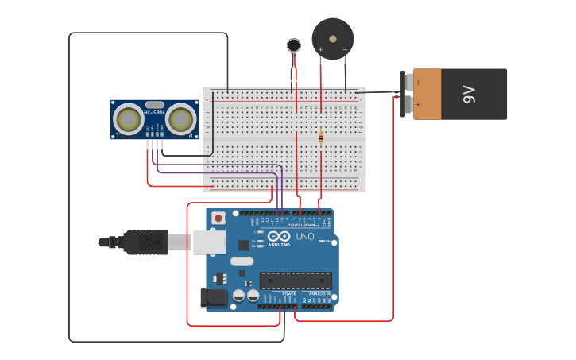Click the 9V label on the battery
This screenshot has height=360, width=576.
469,95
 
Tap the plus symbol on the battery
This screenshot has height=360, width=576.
417,104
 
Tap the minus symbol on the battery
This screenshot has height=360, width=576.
417,82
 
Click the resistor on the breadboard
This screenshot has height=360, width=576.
321,137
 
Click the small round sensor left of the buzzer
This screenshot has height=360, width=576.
294,45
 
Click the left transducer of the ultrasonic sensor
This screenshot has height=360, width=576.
129,120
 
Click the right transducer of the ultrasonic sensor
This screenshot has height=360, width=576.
181,120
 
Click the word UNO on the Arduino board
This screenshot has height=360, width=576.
305,236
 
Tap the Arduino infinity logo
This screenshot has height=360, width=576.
279,236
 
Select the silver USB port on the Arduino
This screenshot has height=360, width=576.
209,242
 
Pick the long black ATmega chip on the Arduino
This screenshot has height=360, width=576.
296,281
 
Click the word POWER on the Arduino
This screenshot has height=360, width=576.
289,294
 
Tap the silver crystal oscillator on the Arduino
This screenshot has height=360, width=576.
242,261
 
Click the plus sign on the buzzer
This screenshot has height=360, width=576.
321,49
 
